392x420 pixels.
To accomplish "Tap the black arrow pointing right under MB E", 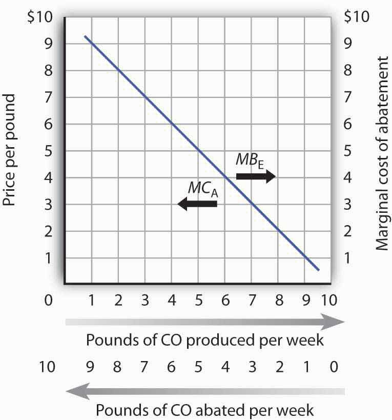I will pos(255,176).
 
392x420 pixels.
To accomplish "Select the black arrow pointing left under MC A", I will pos(197,204).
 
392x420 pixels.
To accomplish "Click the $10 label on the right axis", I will pos(356,16).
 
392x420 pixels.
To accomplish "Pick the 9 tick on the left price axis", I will pos(49,44).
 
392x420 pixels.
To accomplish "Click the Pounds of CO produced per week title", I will pos(205,340).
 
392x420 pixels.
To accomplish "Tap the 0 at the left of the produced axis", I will pos(49,299).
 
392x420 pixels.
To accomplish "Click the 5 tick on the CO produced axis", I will pos(198,299).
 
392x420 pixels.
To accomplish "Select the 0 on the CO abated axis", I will pos(334,367).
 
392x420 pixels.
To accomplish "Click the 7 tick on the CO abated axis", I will pos(145,367).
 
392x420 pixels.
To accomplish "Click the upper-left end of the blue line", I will pos(85,37).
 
